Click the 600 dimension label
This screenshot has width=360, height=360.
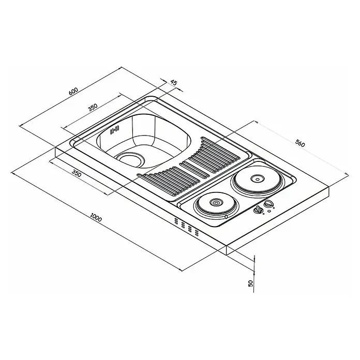click(73, 92)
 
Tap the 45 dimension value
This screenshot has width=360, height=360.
click(174, 83)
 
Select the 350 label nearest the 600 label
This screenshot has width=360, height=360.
click(93, 108)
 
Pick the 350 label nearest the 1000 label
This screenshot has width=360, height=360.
click(77, 173)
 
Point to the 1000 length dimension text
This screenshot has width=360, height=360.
click(96, 217)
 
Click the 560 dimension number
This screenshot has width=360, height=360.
click(300, 143)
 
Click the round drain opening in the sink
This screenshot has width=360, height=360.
click(130, 159)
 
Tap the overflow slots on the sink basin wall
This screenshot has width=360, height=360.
click(114, 130)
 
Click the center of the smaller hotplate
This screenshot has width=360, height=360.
click(215, 203)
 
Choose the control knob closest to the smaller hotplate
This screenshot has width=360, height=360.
click(258, 209)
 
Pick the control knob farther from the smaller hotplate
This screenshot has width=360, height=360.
click(268, 203)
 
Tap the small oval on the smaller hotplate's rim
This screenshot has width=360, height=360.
click(226, 217)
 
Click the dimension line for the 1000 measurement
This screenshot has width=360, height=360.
click(96, 222)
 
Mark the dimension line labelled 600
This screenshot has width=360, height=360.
click(70, 96)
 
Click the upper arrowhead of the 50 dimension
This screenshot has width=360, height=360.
click(254, 258)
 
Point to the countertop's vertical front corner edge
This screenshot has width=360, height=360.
click(227, 250)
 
